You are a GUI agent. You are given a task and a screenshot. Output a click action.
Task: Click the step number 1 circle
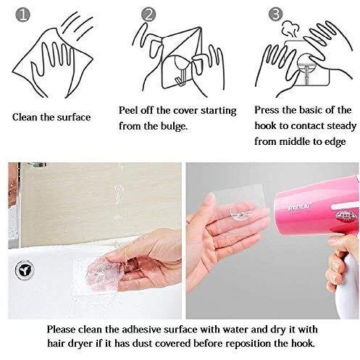point(22,14)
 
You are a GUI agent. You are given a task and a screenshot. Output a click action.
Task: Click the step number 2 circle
point(148,14)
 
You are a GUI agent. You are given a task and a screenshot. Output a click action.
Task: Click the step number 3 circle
point(276,14)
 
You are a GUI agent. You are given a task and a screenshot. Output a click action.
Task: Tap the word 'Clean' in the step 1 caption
point(25,117)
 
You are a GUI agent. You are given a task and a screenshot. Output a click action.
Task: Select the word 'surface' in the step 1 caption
point(74,117)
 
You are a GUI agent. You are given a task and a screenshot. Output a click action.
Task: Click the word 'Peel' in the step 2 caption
point(128,110)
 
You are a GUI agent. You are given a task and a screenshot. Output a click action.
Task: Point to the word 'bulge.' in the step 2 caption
point(174,126)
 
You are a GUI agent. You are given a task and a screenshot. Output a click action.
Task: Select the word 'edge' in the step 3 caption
point(335,142)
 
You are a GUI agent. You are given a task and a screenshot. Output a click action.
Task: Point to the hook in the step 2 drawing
point(180,71)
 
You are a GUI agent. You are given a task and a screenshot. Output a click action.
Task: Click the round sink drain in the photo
point(25,269)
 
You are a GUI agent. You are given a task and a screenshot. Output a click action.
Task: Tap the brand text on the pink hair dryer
point(299,207)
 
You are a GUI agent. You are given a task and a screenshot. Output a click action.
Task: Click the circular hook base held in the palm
point(242,212)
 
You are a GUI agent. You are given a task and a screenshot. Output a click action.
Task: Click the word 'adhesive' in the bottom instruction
point(141,330)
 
